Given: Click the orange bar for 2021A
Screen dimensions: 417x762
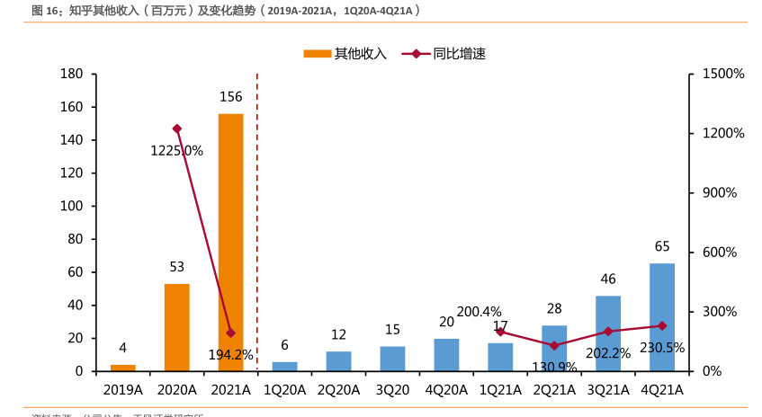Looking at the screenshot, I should [x=230, y=243].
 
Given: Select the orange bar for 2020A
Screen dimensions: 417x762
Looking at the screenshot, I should [x=176, y=327].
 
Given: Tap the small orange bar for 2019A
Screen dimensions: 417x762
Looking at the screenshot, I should [x=123, y=368].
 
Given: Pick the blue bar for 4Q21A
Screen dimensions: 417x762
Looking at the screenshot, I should [x=662, y=316].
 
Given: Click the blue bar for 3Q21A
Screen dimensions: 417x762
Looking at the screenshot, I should [x=608, y=333].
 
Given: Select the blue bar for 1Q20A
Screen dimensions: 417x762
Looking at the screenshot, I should [x=284, y=367].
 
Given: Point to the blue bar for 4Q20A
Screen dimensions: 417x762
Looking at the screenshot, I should [x=446, y=355].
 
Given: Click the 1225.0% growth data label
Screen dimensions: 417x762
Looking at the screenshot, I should [x=176, y=151].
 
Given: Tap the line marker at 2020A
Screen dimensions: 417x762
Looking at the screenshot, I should [x=176, y=129].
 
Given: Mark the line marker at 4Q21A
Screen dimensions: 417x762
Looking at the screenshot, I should [x=662, y=325].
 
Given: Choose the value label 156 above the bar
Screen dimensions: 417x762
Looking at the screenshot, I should [x=230, y=97].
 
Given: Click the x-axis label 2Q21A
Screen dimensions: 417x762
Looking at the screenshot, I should [x=554, y=390].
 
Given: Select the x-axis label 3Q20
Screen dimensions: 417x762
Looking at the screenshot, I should [x=392, y=390].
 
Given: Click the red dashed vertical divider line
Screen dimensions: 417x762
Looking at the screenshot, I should [x=257, y=225].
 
